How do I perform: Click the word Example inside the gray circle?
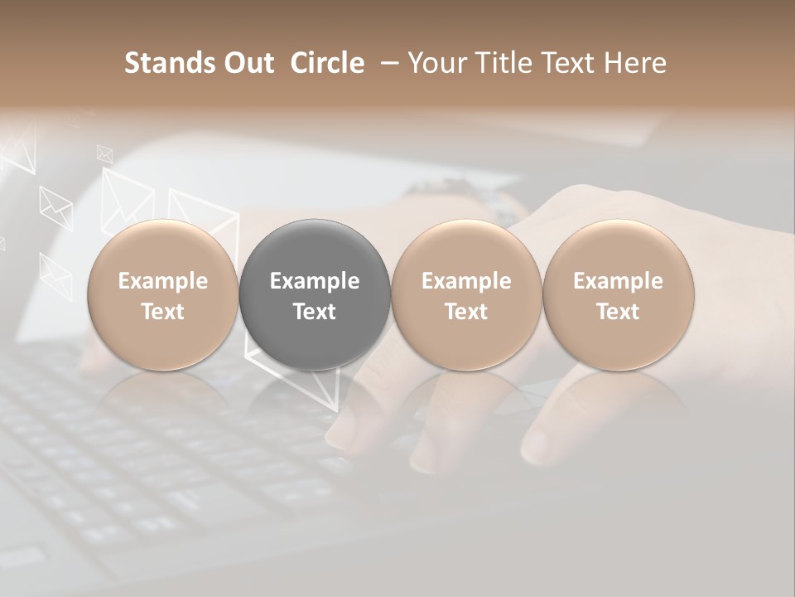coord(315,281)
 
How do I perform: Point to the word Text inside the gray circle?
coord(315,312)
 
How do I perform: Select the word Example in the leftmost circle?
coord(163,281)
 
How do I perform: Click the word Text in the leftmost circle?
coord(163,312)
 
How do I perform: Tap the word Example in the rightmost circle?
coord(619,281)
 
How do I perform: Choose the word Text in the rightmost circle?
coord(619,312)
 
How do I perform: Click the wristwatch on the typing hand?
coord(497,205)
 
